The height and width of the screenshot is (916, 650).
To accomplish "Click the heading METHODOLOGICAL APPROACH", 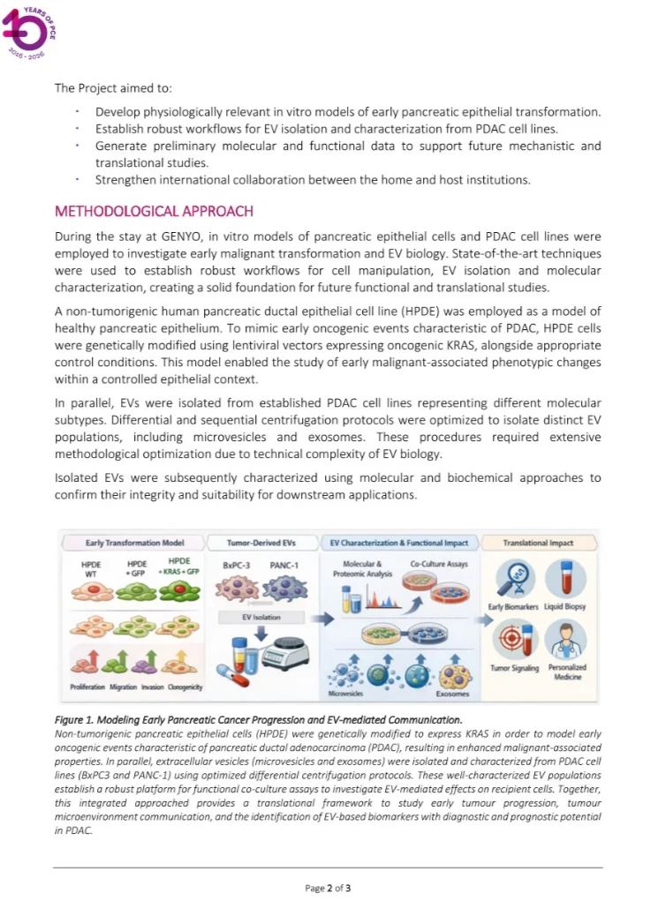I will (x=154, y=212).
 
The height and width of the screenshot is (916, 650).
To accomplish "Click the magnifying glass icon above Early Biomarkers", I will (x=512, y=579).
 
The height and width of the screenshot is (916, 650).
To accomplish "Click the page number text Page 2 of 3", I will (x=328, y=888).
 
